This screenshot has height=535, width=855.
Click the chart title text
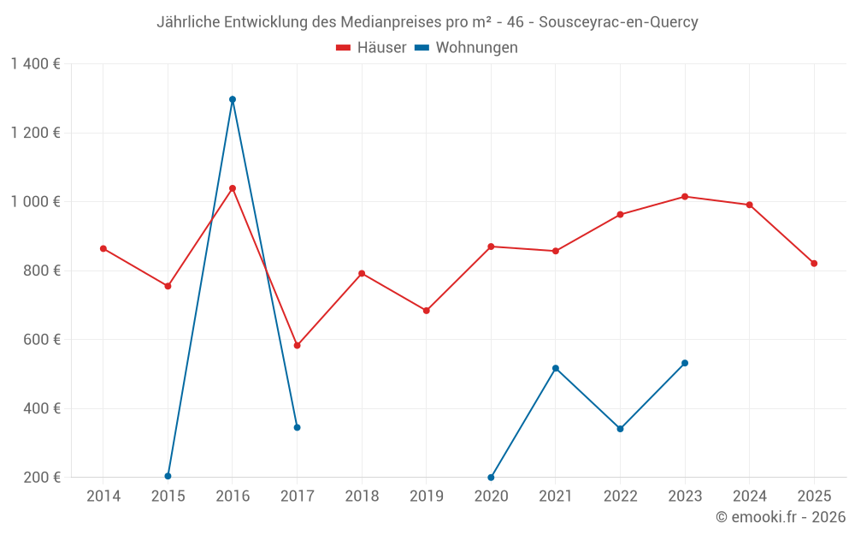[427, 22]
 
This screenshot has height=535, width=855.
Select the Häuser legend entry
[371, 48]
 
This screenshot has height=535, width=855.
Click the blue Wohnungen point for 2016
[233, 99]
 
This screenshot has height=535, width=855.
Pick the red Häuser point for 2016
[233, 188]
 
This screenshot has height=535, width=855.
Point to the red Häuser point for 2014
[103, 248]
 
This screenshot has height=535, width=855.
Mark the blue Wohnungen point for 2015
[168, 476]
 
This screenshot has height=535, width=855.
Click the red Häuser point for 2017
[297, 345]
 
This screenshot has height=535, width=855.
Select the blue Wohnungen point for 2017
[297, 427]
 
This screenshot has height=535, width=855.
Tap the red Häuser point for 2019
[427, 311]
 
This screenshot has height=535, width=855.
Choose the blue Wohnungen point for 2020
[491, 477]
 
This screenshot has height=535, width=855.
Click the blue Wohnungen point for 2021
[556, 368]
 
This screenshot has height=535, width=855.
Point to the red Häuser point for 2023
[685, 197]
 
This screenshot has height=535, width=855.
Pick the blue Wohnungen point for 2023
[685, 363]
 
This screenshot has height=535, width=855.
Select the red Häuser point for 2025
[814, 263]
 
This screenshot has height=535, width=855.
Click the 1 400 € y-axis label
[35, 64]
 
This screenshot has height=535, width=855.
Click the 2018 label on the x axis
[362, 496]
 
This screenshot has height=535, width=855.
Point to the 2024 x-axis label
[749, 496]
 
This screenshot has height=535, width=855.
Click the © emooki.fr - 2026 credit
[781, 517]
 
